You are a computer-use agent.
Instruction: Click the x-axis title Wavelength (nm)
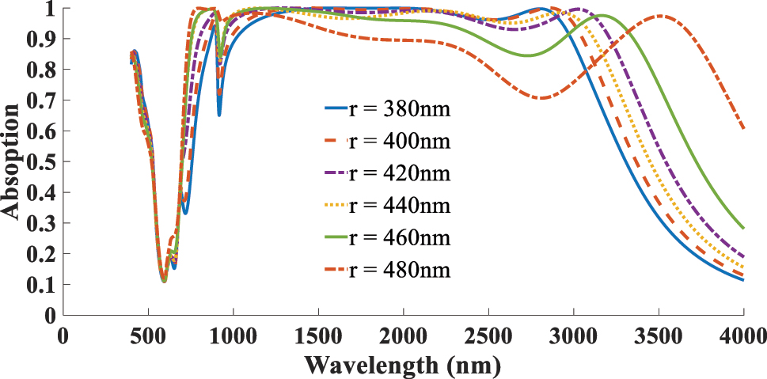coord(402,365)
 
